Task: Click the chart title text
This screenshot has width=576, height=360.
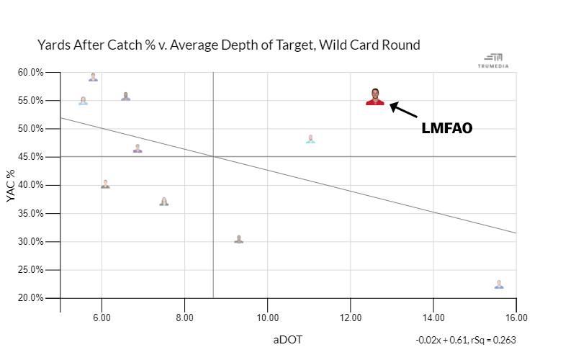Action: point(228,45)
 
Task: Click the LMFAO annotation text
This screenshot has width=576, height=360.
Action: point(446,129)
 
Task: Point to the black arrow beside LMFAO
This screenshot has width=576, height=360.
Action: point(403,111)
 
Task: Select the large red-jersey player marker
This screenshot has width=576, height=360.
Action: point(375,97)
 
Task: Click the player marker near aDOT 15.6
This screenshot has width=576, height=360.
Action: point(499,284)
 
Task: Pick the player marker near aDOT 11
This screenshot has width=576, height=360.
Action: point(310,139)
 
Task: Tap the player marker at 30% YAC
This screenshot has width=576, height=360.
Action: point(238,239)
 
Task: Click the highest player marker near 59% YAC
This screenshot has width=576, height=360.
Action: point(93,77)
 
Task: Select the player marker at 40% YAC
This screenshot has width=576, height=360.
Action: point(105,184)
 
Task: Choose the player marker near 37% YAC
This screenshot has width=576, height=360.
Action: point(164,202)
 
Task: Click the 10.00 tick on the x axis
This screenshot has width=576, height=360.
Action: point(268,318)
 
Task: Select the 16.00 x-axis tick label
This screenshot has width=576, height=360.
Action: point(516,318)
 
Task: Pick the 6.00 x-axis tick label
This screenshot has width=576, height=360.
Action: point(102,318)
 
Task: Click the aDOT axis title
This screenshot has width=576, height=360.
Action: point(287,339)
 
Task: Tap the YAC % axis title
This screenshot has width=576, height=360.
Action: point(12,185)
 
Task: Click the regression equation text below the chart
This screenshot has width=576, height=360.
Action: point(465,340)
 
